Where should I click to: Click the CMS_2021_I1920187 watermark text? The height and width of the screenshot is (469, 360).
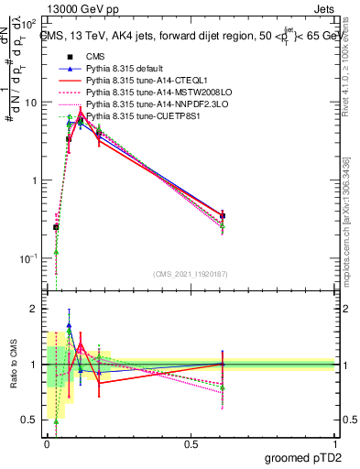(x=191, y=275)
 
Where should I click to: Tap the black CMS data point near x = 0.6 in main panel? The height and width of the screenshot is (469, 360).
(x=223, y=216)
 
